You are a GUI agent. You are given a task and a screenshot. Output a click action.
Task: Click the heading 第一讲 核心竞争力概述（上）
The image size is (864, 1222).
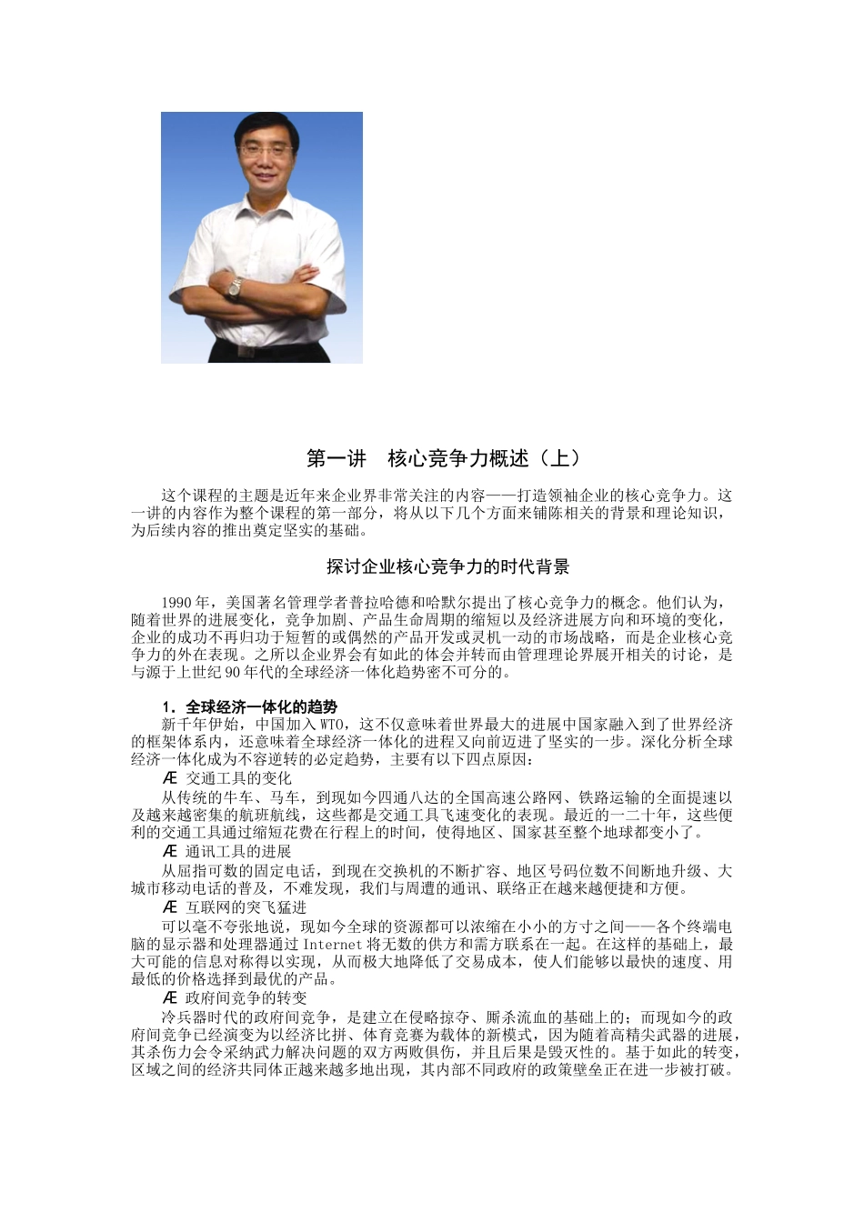click(443, 458)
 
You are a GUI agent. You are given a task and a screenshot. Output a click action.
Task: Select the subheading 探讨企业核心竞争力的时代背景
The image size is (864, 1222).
click(448, 567)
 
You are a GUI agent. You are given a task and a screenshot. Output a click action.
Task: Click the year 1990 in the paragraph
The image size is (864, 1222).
click(176, 603)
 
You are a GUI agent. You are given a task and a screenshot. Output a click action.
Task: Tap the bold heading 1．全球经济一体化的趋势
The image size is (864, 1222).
click(249, 707)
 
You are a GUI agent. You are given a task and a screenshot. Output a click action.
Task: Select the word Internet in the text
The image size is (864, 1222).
click(333, 945)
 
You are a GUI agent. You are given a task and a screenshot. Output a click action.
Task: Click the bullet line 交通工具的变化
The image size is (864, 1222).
click(238, 778)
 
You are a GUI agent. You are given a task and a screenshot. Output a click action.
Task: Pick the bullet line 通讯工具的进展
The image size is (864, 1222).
click(238, 852)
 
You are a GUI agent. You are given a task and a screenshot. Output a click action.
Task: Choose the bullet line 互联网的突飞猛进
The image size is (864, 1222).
click(246, 907)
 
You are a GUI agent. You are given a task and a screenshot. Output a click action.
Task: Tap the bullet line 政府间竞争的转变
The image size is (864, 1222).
click(246, 998)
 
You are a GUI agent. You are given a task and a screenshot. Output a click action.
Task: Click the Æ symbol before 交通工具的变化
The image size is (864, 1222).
click(170, 778)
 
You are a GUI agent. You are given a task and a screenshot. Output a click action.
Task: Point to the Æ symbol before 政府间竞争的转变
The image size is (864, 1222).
click(170, 998)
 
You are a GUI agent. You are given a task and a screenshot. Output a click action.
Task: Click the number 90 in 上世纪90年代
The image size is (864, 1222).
click(231, 673)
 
